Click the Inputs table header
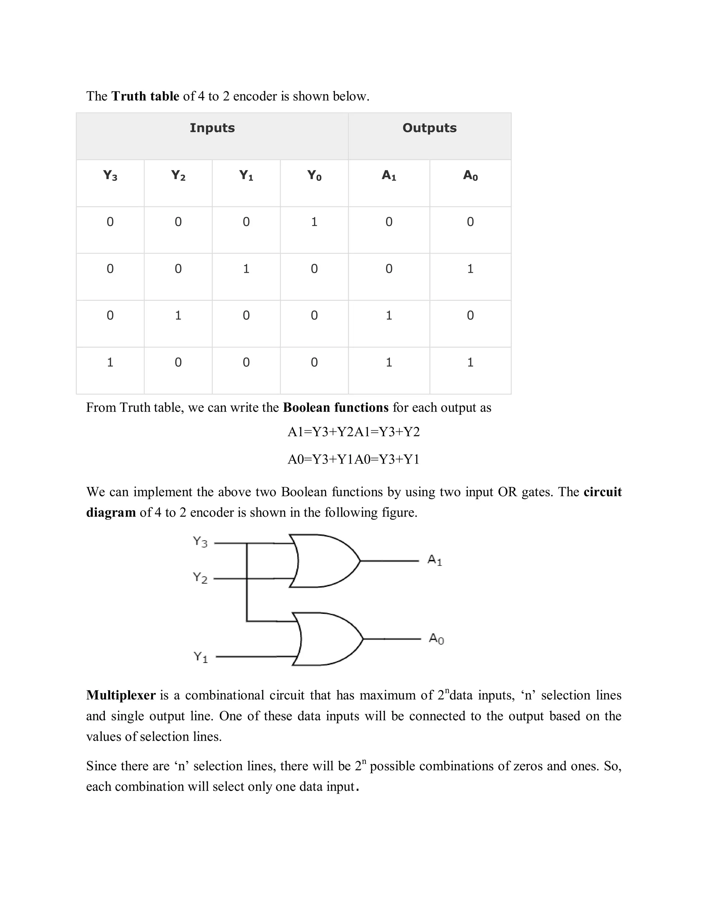point(212,128)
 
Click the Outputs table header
point(429,128)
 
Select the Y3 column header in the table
point(110,175)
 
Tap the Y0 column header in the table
point(314,175)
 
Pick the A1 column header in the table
point(389,175)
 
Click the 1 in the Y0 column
point(314,222)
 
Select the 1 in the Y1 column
point(246,269)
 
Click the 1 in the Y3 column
point(110,362)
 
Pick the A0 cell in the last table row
point(470,362)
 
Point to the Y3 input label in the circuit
point(200,542)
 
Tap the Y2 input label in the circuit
point(200,578)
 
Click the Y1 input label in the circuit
point(201,657)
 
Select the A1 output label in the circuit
point(435,560)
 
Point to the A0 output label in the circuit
point(436,639)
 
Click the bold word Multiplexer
point(121,695)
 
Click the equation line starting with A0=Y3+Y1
point(354,460)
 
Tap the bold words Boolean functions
point(336,408)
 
